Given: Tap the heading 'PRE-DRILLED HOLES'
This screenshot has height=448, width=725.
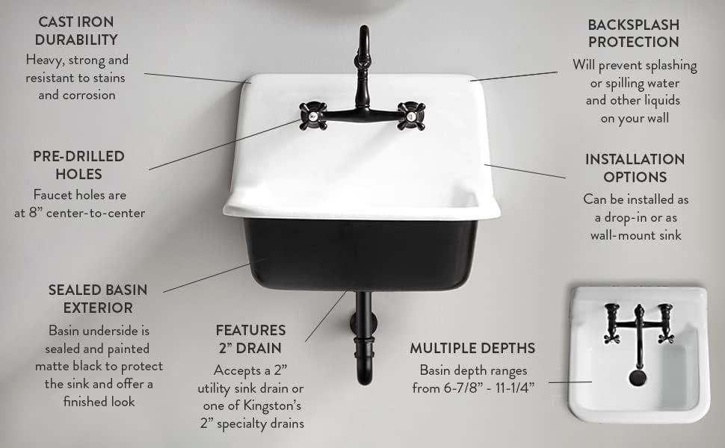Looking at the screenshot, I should tap(78, 165).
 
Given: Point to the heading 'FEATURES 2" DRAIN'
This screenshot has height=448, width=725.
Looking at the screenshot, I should tap(250, 337).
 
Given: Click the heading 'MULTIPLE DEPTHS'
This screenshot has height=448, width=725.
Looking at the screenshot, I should tap(472, 348).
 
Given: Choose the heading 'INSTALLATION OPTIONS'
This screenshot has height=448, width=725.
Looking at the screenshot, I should tap(635, 168).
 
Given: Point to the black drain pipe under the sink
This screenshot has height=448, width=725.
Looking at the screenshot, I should tap(364, 336).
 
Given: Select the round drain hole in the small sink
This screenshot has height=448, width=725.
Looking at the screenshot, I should tap(638, 377).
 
